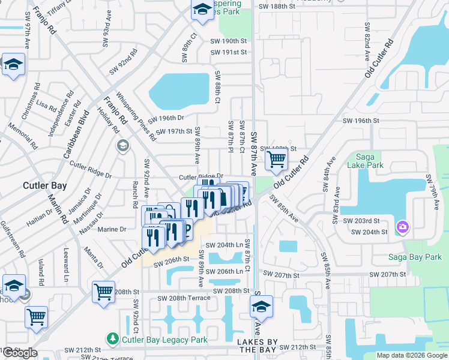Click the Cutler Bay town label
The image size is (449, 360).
click(40, 185)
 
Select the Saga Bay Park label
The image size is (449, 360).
click(415, 257)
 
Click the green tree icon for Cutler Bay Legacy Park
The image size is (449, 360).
click(112, 340)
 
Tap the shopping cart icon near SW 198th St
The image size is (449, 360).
click(276, 159)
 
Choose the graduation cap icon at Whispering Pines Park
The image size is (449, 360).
click(202, 10)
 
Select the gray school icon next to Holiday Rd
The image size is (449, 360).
click(123, 146)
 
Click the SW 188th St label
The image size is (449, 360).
click(277, 7)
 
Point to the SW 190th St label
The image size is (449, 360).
click(229, 41)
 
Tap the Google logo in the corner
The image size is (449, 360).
click(20, 353)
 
